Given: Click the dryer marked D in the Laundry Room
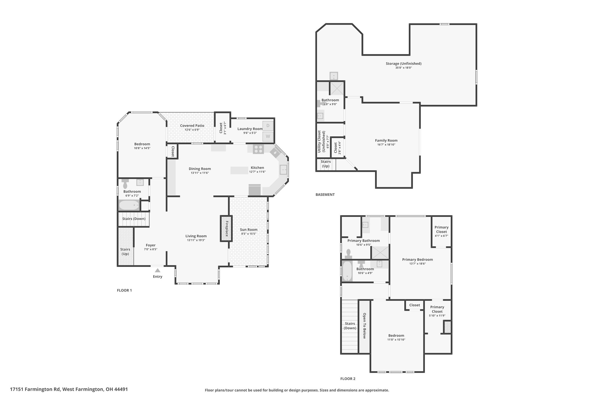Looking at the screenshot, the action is click(x=268, y=126).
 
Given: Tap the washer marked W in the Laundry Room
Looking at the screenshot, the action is click(x=268, y=136).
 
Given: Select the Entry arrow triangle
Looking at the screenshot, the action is click(x=157, y=270).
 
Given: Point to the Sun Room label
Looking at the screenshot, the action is click(x=249, y=229).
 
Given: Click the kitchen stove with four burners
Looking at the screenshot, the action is click(x=258, y=149).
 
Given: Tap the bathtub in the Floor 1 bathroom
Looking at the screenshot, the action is click(x=129, y=205).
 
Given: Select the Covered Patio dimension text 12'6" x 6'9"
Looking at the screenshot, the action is click(x=192, y=130).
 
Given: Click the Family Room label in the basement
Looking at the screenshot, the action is click(x=386, y=140).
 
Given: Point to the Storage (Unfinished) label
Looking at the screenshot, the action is click(x=403, y=64).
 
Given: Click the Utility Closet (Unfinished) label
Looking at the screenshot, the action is click(x=321, y=142).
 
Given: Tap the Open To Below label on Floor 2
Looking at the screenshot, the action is click(x=365, y=326).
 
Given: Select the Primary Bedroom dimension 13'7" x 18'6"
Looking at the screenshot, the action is click(x=417, y=264).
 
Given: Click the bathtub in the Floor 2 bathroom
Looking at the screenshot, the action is click(x=347, y=271).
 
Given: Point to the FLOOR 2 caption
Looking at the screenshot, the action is click(x=348, y=379).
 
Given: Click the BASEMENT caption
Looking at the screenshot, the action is click(x=325, y=195).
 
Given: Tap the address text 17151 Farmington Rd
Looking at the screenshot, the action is click(x=35, y=389).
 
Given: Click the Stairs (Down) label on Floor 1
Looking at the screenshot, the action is click(x=134, y=219).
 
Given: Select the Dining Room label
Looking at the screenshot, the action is click(x=200, y=169).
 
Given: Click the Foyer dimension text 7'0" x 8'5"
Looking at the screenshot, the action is click(x=151, y=249).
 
